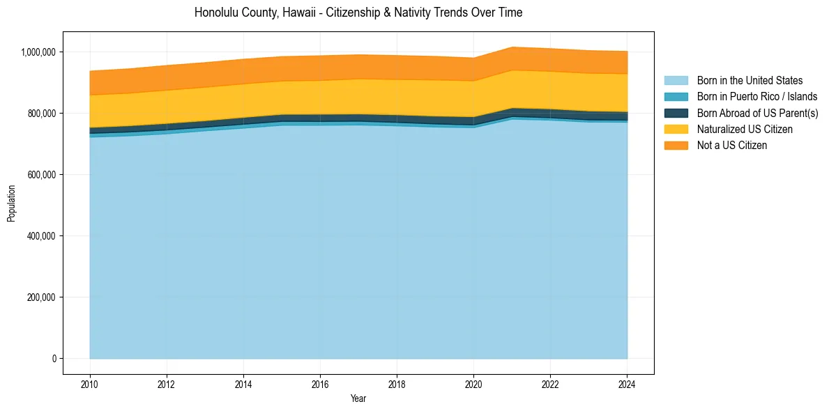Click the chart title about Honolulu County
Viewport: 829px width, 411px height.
click(358, 13)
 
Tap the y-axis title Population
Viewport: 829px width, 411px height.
click(11, 203)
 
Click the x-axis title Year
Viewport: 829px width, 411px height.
click(358, 399)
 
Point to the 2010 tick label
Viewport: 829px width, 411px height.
click(90, 384)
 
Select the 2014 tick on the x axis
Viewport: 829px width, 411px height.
click(243, 384)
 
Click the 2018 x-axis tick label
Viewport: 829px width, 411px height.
click(397, 384)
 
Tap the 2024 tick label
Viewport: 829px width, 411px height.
click(628, 384)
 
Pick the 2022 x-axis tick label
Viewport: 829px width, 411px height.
click(551, 384)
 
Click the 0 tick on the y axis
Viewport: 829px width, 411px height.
click(53, 359)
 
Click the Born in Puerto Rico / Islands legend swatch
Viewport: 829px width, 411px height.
click(676, 97)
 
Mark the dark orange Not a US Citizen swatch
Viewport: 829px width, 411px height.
click(676, 146)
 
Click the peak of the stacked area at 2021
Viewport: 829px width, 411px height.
click(512, 47)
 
